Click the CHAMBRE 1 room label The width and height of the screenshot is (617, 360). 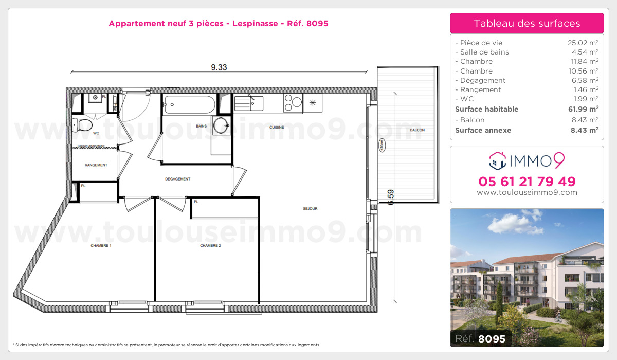[101, 246]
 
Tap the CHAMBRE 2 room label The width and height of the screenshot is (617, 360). [210, 246]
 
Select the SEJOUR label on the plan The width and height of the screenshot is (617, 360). [310, 208]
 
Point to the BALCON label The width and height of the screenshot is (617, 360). [417, 130]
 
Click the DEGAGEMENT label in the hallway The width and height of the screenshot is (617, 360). [178, 179]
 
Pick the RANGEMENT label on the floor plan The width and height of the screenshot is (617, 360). [96, 165]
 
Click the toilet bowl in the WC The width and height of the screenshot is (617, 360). [84, 124]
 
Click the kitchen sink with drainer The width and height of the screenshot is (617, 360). [249, 103]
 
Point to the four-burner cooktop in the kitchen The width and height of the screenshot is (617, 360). [293, 102]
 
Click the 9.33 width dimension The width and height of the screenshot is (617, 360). [219, 67]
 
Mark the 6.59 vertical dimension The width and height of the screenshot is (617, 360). [391, 197]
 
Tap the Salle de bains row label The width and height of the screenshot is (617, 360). [483, 52]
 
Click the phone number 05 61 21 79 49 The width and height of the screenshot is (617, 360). [527, 182]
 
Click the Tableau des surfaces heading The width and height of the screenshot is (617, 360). [527, 23]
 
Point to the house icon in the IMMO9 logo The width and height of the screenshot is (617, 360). [497, 161]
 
